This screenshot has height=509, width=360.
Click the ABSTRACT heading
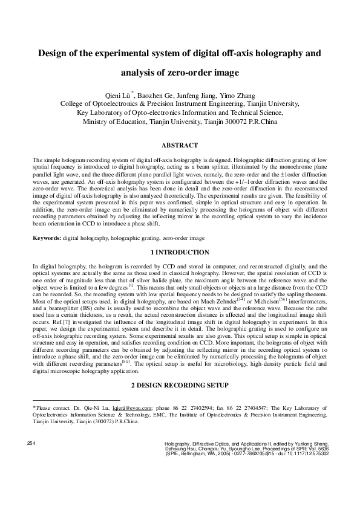click(180, 146)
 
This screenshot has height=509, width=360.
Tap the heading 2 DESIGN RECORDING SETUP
click(180, 385)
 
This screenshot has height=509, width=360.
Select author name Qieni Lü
click(118, 96)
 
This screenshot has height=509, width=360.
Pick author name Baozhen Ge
click(159, 96)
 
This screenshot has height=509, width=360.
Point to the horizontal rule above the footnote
click(76, 400)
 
